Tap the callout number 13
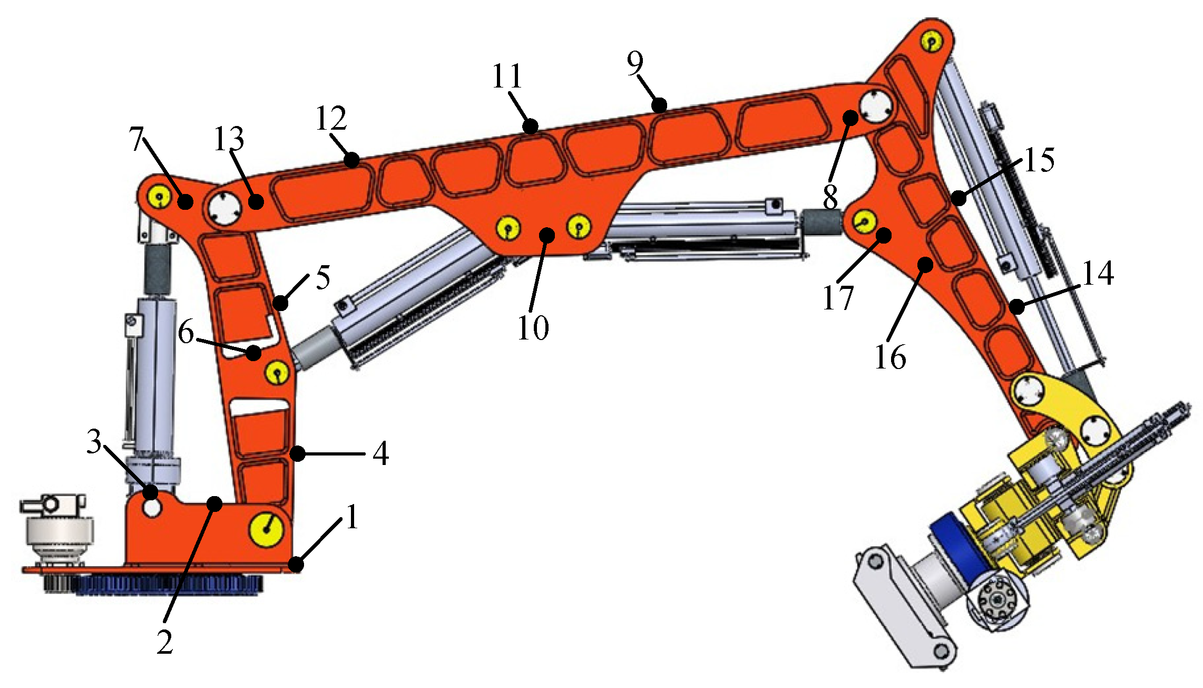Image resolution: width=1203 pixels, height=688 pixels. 229,139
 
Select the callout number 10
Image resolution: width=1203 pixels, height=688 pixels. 533,328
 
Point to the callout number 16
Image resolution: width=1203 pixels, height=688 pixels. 890,357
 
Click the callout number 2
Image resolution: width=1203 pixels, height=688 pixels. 164,642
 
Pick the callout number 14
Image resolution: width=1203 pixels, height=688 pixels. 1098,273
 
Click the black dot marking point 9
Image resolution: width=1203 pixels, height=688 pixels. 659,105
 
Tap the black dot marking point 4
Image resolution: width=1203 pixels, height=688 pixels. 298,453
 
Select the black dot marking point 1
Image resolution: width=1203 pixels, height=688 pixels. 297,565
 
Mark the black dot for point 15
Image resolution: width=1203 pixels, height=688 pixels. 959,199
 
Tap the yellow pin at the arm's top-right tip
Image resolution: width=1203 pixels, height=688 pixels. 932,41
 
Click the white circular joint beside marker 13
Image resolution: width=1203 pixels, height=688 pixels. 224,210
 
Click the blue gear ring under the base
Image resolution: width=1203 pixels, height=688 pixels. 169,585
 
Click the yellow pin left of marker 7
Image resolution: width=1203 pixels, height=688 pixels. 159,197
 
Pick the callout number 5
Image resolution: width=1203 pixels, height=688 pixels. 322,277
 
